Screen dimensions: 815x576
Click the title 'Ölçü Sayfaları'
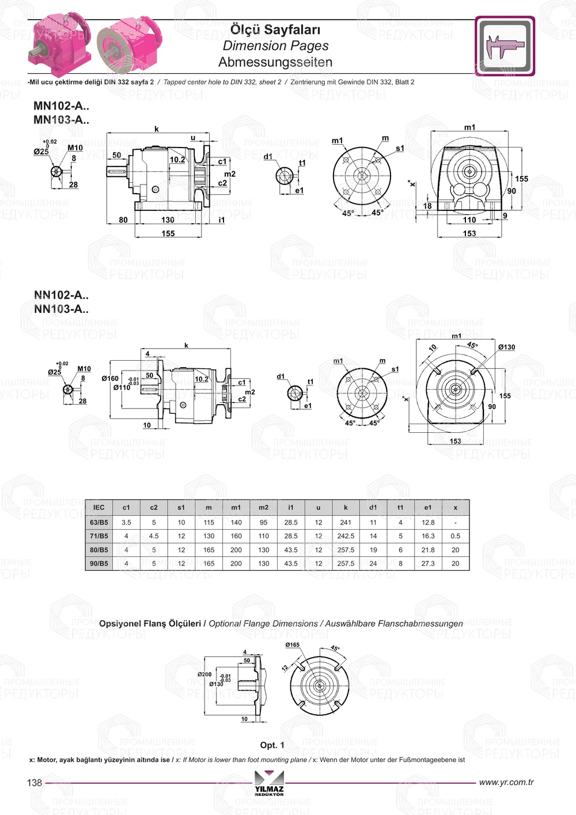pyautogui.click(x=275, y=29)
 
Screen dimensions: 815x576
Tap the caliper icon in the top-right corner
pyautogui.click(x=505, y=46)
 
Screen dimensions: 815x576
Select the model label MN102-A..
pyautogui.click(x=61, y=105)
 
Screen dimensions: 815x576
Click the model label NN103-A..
pyautogui.click(x=61, y=309)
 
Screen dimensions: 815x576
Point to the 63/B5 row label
pyautogui.click(x=98, y=522)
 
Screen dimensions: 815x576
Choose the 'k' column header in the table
pyautogui.click(x=346, y=507)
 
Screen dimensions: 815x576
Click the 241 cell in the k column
pyautogui.click(x=346, y=522)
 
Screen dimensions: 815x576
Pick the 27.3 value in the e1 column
pyautogui.click(x=428, y=564)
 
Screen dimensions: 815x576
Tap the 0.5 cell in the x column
pyautogui.click(x=455, y=536)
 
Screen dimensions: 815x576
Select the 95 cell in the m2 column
pyautogui.click(x=263, y=522)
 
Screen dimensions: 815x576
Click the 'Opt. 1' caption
pyautogui.click(x=272, y=745)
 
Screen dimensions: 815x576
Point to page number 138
pyautogui.click(x=35, y=783)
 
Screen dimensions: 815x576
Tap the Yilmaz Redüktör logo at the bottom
pyautogui.click(x=269, y=783)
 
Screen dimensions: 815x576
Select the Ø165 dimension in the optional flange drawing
pyautogui.click(x=293, y=645)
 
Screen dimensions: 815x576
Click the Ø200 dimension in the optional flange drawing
pyautogui.click(x=204, y=674)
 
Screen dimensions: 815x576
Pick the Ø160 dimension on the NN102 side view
pyautogui.click(x=110, y=379)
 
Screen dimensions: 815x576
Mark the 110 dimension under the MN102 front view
pyautogui.click(x=469, y=220)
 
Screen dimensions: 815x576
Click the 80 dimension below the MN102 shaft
pyautogui.click(x=123, y=220)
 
